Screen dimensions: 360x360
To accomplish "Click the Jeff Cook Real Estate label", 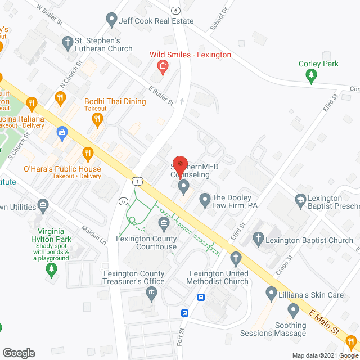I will click(x=156, y=21).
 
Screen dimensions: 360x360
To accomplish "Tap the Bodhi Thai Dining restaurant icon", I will click(x=97, y=118).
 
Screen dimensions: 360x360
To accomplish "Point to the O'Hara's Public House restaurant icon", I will click(x=87, y=152).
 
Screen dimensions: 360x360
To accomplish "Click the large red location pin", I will click(x=179, y=164).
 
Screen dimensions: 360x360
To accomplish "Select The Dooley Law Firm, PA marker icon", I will click(x=204, y=198).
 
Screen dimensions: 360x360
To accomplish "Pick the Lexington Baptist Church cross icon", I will click(x=258, y=240).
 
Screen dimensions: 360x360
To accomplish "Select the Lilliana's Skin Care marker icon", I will click(x=272, y=294).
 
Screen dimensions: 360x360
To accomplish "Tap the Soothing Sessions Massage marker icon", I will click(x=293, y=310).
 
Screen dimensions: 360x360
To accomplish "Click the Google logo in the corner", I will click(x=19, y=353).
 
